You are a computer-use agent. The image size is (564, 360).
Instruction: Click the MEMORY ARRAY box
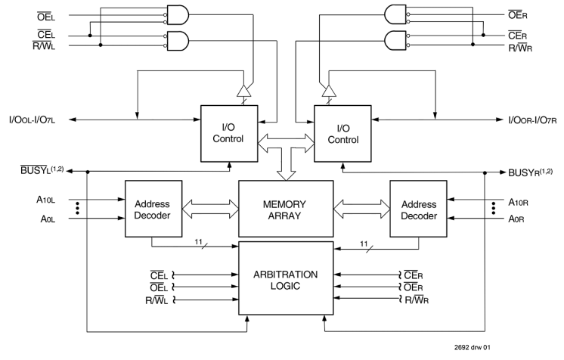286,209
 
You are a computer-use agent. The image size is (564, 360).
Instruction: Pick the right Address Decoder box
419,209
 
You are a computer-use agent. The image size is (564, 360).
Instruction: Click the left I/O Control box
227,133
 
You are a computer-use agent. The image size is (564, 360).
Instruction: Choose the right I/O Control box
343,133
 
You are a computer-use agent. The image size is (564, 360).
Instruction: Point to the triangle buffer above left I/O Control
243,92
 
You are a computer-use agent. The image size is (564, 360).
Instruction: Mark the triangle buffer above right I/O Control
328,92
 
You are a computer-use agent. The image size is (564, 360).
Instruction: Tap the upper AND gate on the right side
396,14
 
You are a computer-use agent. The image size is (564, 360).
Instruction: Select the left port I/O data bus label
34,119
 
